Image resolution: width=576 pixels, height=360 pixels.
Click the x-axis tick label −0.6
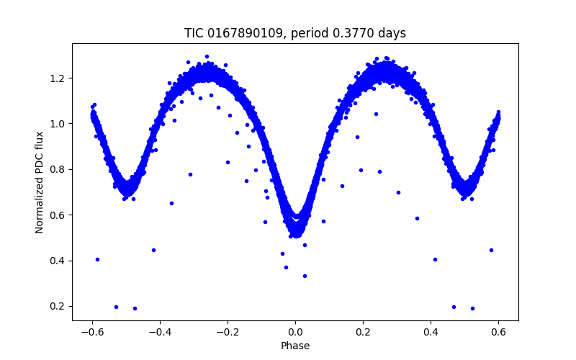click(91, 333)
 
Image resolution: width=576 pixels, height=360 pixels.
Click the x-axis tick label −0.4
click(159, 333)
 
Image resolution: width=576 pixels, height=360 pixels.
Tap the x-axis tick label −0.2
click(227, 333)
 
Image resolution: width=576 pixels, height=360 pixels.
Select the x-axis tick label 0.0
click(295, 333)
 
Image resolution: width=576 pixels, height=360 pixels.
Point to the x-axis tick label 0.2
click(363, 333)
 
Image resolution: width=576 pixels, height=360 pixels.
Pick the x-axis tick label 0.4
click(431, 333)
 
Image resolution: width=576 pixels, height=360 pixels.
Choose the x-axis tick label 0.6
click(498, 333)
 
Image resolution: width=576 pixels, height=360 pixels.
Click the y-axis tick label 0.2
click(58, 306)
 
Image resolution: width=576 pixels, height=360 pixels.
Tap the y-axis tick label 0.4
click(58, 261)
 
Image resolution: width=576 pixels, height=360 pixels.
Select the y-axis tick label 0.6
click(58, 215)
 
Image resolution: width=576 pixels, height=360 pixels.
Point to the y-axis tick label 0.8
click(58, 169)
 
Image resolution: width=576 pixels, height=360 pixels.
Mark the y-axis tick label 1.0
click(58, 124)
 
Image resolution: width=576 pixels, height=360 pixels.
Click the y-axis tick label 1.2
click(58, 78)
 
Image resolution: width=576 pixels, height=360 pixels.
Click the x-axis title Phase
click(295, 346)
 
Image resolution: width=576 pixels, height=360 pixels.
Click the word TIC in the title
click(194, 33)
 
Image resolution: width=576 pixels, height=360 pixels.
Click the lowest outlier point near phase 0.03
click(305, 276)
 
